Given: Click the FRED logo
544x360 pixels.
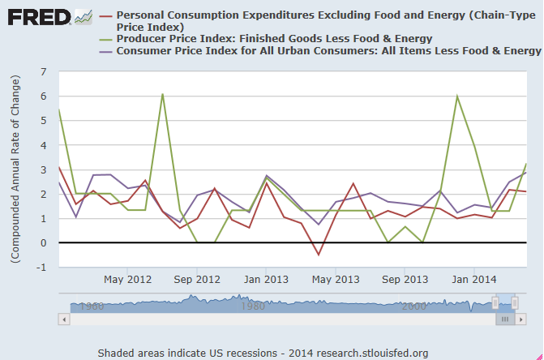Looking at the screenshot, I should [x=36, y=17].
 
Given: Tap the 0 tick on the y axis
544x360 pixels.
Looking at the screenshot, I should [x=43, y=243].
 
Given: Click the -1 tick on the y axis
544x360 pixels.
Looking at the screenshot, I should [x=41, y=268].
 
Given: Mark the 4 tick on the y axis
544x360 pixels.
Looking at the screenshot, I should [x=43, y=146].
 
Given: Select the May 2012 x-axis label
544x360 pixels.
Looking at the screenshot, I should [x=128, y=280].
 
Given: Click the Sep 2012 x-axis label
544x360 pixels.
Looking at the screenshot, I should [x=197, y=280].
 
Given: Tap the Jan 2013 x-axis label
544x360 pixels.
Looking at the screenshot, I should [x=267, y=280].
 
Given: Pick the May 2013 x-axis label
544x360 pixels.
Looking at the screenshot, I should [x=336, y=280].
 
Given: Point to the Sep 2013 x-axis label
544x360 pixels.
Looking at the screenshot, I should [x=405, y=280].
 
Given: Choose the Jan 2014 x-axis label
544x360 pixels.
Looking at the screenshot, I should [x=474, y=280].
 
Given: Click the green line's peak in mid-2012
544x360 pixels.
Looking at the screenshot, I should [x=162, y=94].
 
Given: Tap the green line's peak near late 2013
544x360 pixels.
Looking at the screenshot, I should [x=457, y=96].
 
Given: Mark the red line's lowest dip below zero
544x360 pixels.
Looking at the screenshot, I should [x=319, y=255].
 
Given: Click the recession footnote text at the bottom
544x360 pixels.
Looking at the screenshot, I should [x=263, y=353].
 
